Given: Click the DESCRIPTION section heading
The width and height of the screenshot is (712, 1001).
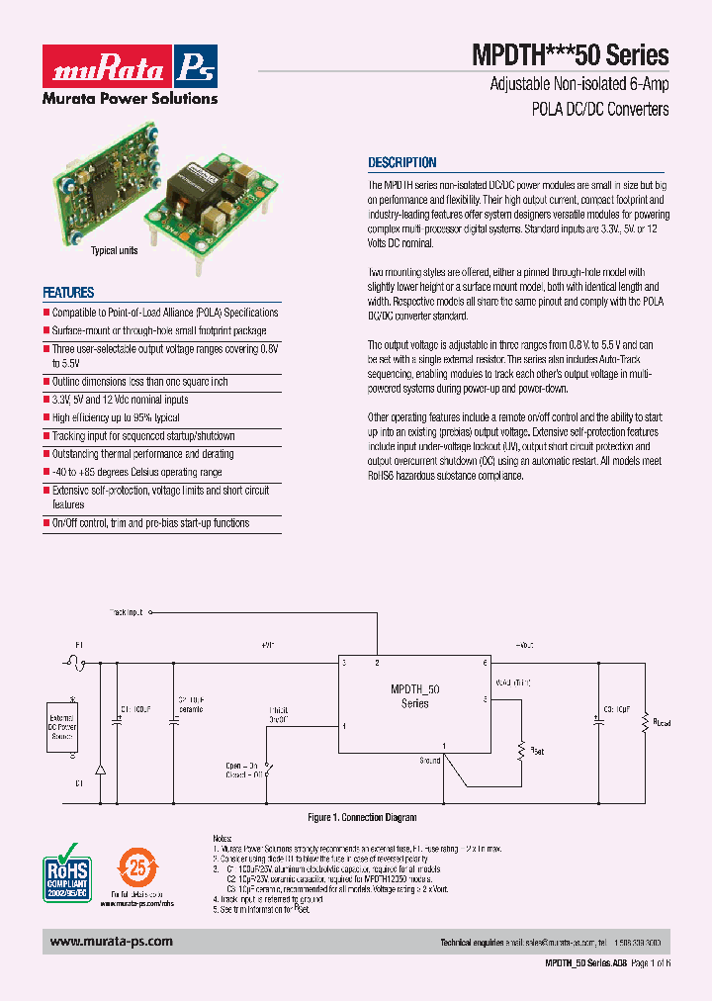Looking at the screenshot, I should tap(401, 163).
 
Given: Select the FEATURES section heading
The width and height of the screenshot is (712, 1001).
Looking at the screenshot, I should tap(68, 293).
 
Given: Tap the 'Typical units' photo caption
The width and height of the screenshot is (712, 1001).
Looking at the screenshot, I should tap(115, 251).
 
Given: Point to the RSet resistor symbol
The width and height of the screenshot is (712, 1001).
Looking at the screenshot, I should tap(520, 750).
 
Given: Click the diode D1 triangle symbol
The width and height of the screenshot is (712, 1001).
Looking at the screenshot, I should tap(99, 769).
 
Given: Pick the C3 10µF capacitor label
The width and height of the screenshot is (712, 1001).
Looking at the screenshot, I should tap(616, 709).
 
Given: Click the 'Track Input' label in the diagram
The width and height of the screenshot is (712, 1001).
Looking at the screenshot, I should tap(126, 613).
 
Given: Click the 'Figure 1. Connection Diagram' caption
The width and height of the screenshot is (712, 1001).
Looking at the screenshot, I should tap(362, 818).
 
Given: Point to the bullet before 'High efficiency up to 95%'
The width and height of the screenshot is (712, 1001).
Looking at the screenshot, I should tap(45, 418).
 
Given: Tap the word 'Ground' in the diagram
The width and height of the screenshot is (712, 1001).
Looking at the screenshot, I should tap(429, 761).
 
